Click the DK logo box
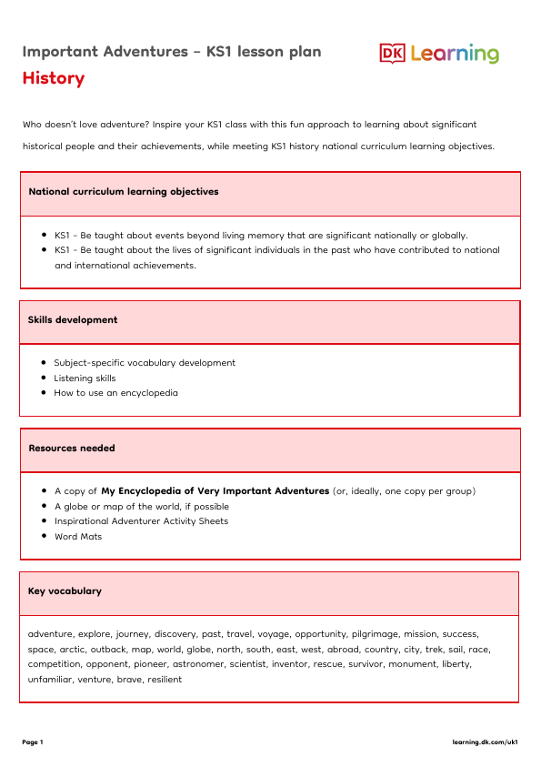(x=392, y=54)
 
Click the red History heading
(x=54, y=78)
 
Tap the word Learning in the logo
(x=455, y=54)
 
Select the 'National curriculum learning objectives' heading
(x=123, y=192)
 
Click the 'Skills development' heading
(x=73, y=320)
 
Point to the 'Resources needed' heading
(x=72, y=449)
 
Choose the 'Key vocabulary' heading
(x=65, y=591)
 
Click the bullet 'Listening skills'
(x=85, y=378)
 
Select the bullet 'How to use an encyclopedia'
(x=115, y=393)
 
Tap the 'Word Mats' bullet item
(x=78, y=537)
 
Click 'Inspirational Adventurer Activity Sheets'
(x=141, y=521)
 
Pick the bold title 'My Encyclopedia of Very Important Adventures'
(x=215, y=491)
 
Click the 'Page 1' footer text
(x=33, y=742)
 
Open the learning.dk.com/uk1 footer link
(x=485, y=742)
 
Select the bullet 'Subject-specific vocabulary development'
(x=145, y=363)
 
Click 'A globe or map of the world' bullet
(x=142, y=507)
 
